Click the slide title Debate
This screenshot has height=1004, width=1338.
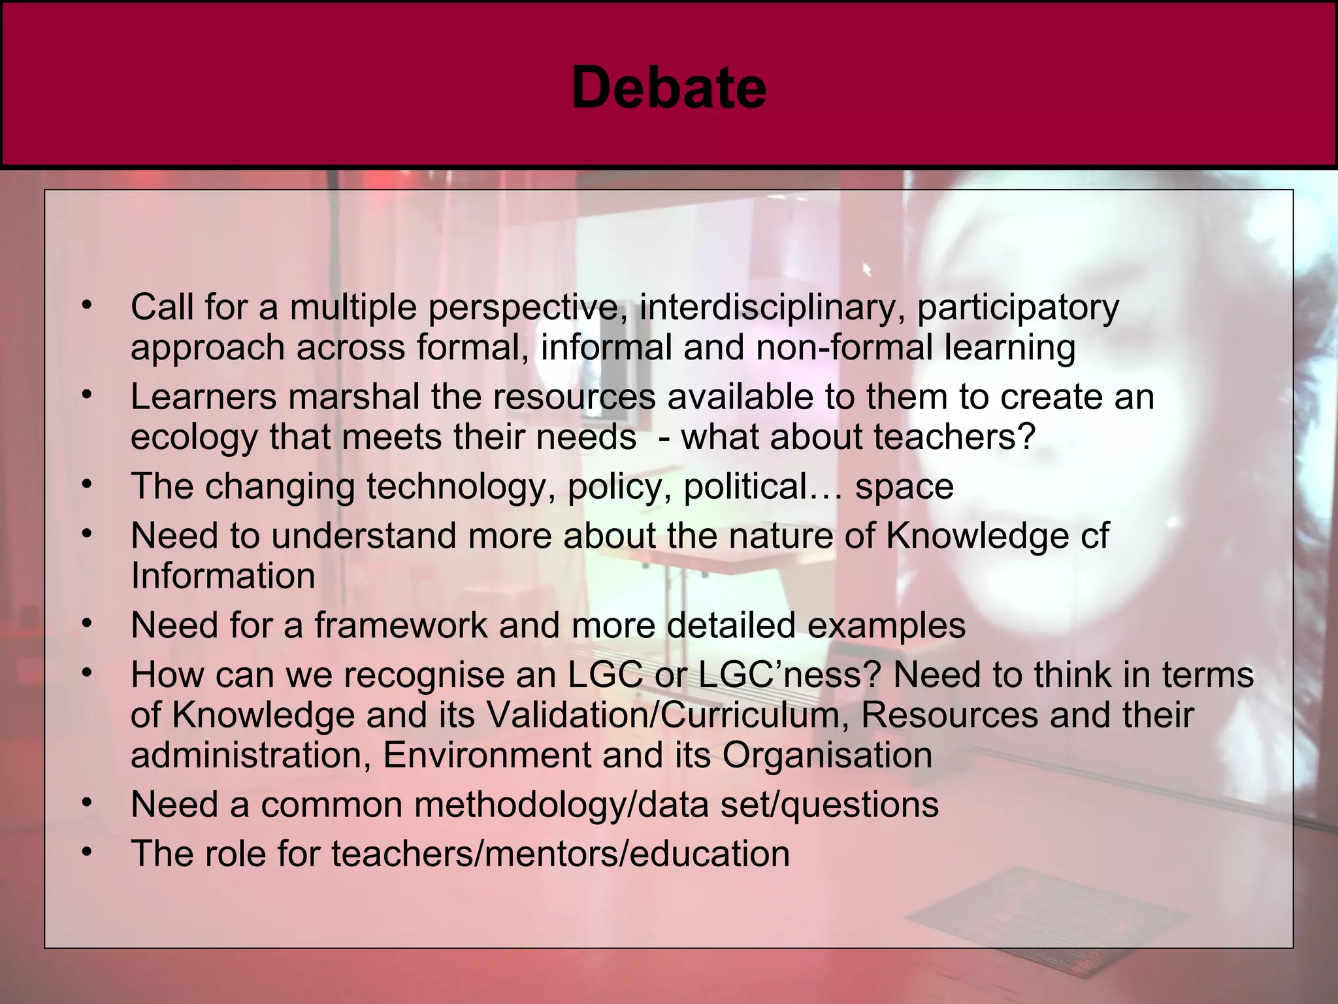668,88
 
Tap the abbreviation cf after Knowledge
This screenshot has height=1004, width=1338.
1094,536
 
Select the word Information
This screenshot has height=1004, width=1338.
223,577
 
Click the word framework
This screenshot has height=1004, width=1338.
400,626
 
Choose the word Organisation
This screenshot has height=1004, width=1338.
827,756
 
